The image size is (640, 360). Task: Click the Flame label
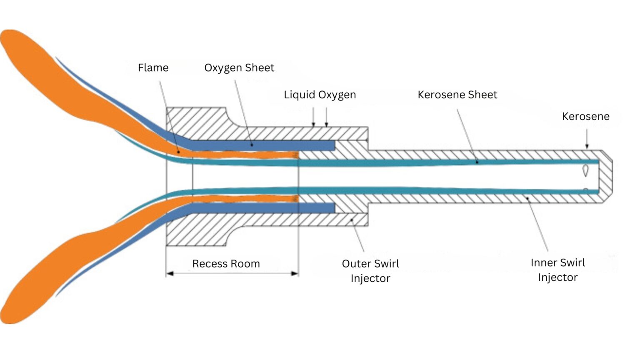(x=153, y=68)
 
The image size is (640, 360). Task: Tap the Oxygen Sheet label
(x=239, y=68)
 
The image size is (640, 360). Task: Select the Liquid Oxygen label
(x=320, y=95)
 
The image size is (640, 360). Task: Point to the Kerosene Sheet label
(x=457, y=95)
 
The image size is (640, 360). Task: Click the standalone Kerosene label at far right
(x=585, y=117)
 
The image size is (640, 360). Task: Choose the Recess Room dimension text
(x=226, y=264)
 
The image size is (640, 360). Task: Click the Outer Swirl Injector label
(x=370, y=271)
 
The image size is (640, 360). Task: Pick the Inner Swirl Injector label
(x=557, y=270)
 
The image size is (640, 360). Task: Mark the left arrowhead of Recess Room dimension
(x=170, y=274)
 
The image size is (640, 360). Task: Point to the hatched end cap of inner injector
(x=606, y=177)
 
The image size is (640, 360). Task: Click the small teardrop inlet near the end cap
(x=585, y=170)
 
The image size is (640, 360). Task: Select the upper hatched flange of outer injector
(x=196, y=123)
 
